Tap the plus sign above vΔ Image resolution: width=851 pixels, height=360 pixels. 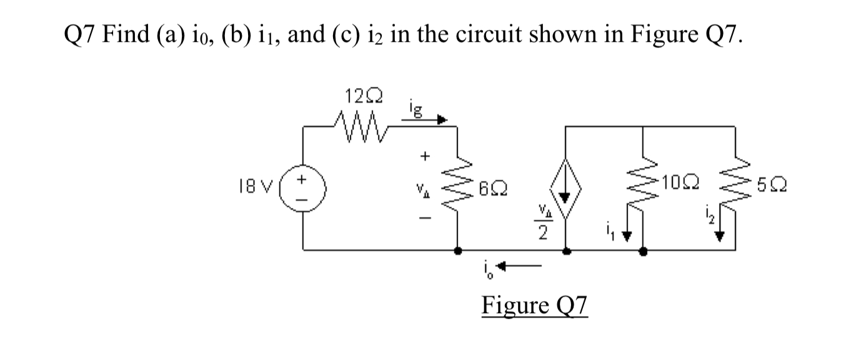tap(428, 156)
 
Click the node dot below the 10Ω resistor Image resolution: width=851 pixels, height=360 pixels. tap(644, 252)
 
